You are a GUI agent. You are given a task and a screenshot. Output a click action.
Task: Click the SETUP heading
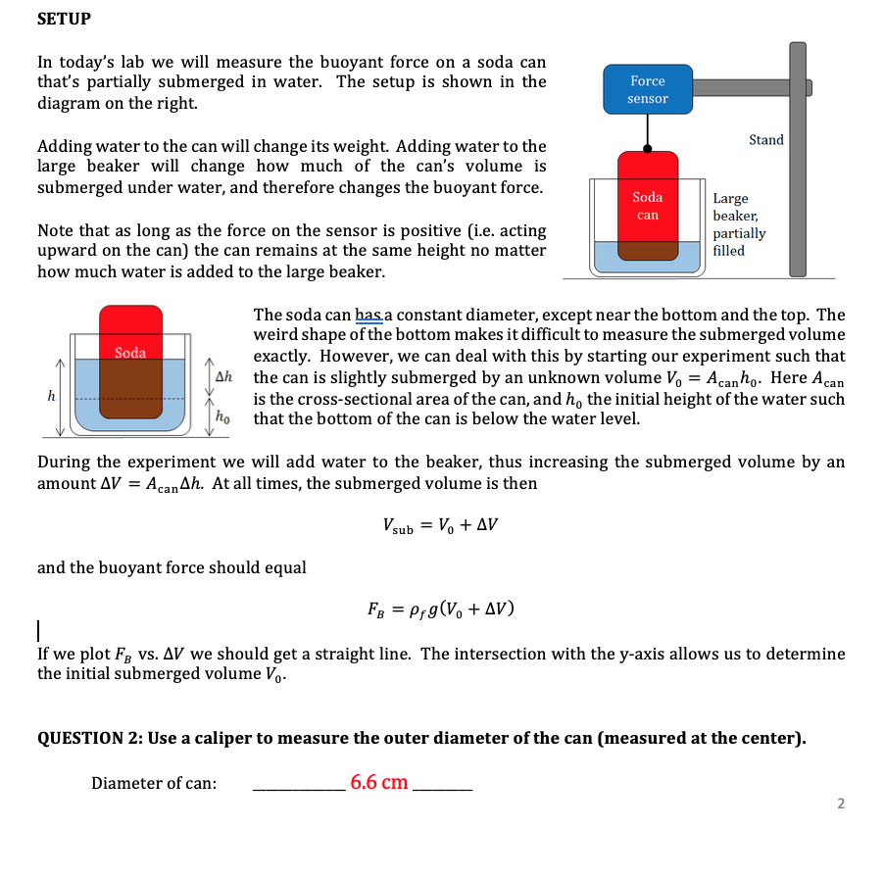coord(64,19)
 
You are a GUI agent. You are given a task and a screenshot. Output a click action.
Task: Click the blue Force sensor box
coord(647,89)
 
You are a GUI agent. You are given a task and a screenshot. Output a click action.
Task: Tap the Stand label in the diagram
coord(765,140)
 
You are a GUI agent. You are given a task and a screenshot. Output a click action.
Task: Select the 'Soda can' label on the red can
coord(647,206)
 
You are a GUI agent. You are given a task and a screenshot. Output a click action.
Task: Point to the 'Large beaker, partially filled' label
coord(738,224)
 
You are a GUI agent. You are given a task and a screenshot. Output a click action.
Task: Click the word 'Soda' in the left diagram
coord(130,352)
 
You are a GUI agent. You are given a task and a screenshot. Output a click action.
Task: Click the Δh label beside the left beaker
coord(223,377)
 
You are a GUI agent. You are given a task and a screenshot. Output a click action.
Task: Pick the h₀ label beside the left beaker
coord(223,415)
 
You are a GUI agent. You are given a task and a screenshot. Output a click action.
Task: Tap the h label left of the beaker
coord(51,395)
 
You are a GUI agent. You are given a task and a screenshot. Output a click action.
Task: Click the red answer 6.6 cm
coord(378,782)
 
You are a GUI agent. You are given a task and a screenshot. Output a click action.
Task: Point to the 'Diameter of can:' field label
coord(154,783)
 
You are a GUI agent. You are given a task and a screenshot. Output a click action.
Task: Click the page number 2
coord(840,805)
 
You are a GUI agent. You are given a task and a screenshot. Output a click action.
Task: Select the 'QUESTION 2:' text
coord(90,738)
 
